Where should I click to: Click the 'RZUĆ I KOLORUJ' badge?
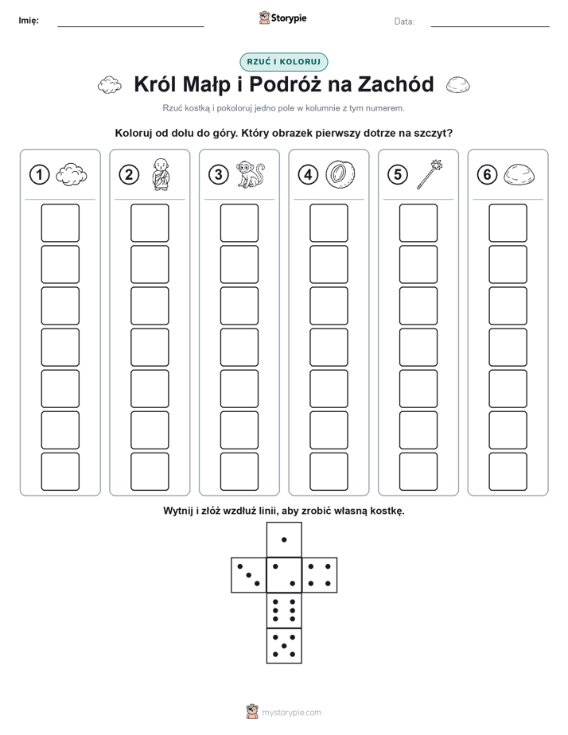coord(283,62)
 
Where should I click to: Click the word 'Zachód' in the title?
coord(396,84)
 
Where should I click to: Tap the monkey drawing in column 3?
coord(251,175)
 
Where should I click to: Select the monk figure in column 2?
coord(161,174)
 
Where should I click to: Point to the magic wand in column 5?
coord(430,174)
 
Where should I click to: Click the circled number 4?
coord(308,175)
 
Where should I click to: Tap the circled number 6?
coord(487,175)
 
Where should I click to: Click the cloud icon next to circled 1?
coord(72,175)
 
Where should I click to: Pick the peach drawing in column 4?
coord(340,175)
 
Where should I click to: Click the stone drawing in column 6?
coord(519,175)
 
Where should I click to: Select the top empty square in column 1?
coord(60,223)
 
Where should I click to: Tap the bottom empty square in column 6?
coord(508,471)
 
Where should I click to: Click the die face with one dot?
coord(284,539)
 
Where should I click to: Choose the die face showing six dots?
coord(284,610)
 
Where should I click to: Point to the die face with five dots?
coord(284,645)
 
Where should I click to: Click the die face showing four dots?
coord(320,575)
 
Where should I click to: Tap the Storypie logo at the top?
coord(282,17)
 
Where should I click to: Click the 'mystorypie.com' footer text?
coord(291,713)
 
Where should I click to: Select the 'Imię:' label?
coord(29,20)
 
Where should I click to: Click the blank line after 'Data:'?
coord(490,26)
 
